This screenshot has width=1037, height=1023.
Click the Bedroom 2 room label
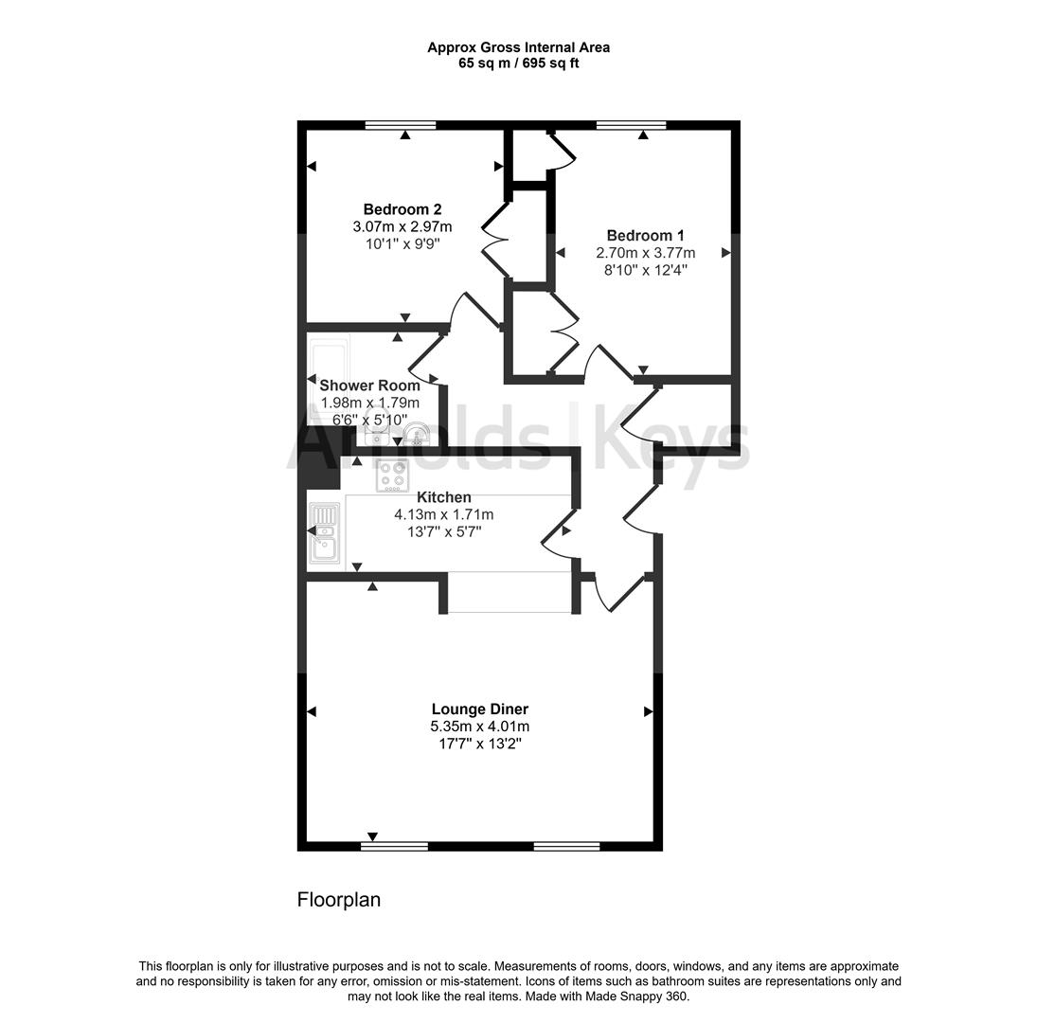[402, 209]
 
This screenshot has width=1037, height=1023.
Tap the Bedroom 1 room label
[645, 236]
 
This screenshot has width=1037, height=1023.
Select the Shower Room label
[369, 386]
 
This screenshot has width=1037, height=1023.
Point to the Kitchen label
[444, 497]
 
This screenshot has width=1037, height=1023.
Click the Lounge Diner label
[479, 709]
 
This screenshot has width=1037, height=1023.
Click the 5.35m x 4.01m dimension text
[479, 727]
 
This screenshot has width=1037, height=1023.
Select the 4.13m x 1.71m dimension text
[444, 514]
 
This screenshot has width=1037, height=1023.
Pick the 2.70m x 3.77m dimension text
[645, 253]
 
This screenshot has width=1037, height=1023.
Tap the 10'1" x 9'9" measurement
[402, 243]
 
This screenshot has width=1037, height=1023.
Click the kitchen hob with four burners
[392, 475]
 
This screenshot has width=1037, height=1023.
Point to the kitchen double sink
[324, 532]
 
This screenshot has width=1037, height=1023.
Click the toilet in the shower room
[415, 436]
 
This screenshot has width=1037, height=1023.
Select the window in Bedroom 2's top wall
[401, 124]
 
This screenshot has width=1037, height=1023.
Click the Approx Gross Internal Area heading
[518, 46]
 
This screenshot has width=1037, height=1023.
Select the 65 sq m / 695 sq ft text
[518, 63]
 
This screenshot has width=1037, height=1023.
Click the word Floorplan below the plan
[339, 900]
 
